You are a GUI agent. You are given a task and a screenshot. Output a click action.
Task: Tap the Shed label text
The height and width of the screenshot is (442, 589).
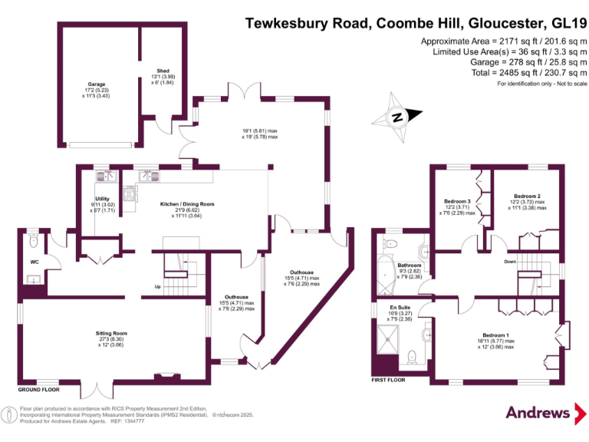163,71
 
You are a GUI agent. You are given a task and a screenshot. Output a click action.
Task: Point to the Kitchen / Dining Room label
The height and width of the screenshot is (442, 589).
186,204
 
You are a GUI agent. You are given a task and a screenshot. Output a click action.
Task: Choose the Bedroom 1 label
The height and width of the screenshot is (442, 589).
495,335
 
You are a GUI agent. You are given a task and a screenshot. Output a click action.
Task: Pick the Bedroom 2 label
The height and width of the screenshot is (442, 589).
528,196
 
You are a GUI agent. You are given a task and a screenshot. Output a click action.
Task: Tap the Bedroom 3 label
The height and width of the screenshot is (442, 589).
457,202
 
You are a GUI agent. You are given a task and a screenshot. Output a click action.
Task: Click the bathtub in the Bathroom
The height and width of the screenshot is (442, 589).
383,275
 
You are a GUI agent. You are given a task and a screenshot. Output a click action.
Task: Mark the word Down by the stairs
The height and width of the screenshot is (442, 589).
510,262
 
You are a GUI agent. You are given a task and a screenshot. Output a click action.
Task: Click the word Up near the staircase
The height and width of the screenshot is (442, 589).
158,287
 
